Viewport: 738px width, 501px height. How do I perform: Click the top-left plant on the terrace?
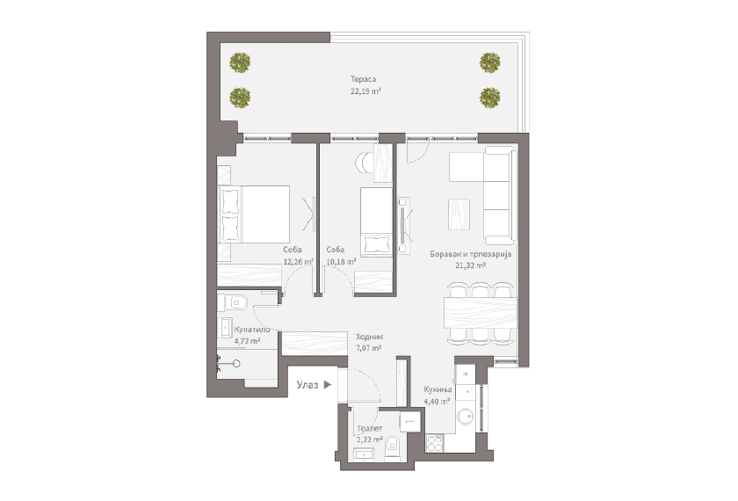click(x=240, y=62)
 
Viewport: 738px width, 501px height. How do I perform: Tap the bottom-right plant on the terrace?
click(x=489, y=95)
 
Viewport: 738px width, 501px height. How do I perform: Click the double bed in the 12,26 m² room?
click(x=254, y=214)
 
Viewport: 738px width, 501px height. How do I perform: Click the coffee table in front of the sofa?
click(x=459, y=212)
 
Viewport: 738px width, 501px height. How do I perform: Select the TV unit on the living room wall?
click(x=404, y=223)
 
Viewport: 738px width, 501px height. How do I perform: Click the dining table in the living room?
click(x=479, y=312)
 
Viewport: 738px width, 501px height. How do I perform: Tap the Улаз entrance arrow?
click(x=327, y=384)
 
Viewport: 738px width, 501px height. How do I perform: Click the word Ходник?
click(x=368, y=336)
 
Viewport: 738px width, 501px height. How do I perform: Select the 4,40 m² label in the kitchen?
click(x=437, y=401)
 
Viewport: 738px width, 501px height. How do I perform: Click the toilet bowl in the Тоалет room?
click(x=392, y=450)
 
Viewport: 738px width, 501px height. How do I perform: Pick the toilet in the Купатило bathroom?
click(x=234, y=303)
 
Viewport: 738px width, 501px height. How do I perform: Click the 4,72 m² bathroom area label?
click(x=235, y=339)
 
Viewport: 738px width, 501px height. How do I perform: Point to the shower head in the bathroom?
click(x=235, y=362)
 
